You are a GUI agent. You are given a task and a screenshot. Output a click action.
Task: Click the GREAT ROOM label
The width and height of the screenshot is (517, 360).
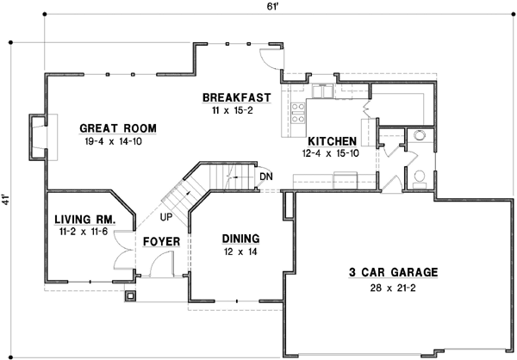[118, 128]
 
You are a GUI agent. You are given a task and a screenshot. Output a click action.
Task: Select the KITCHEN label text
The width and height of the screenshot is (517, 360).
[332, 140]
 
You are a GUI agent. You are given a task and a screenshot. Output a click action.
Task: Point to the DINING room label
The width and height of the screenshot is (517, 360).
[240, 239]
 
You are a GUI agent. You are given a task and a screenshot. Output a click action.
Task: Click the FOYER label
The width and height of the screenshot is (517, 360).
[161, 242]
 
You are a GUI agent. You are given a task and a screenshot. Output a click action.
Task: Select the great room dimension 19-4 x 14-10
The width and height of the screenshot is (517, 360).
[118, 142]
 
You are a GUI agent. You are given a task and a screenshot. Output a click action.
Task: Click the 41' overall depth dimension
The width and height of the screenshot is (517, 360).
[8, 199]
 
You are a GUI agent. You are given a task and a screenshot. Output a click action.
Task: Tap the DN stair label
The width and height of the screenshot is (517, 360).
[265, 178]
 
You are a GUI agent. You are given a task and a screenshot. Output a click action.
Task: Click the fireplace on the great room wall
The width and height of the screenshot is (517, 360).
[37, 138]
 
